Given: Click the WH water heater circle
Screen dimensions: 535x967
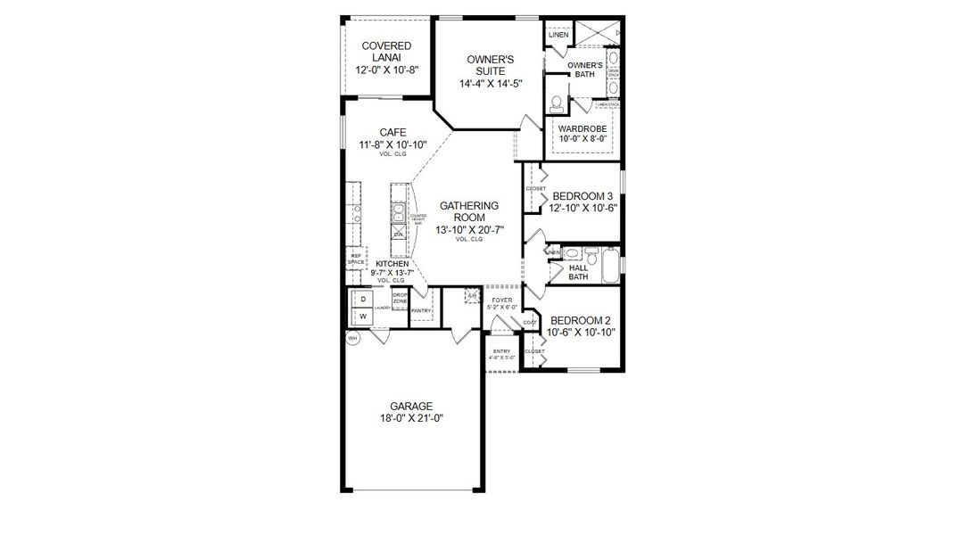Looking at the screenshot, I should pyautogui.click(x=352, y=338).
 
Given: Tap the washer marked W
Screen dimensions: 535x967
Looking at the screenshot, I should pyautogui.click(x=363, y=317).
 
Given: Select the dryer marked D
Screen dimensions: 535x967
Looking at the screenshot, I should pyautogui.click(x=363, y=299).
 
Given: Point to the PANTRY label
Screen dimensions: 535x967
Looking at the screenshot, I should pyautogui.click(x=421, y=310).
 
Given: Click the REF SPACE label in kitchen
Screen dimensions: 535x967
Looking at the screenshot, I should pyautogui.click(x=356, y=259).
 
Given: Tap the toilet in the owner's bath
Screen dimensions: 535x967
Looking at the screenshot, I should pyautogui.click(x=557, y=103).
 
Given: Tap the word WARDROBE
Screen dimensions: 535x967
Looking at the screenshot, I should pyautogui.click(x=583, y=128).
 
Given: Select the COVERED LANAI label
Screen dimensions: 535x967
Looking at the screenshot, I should pyautogui.click(x=386, y=52).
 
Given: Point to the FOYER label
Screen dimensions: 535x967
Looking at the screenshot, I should pyautogui.click(x=501, y=300).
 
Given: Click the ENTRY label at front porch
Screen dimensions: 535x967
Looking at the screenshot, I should pyautogui.click(x=501, y=351).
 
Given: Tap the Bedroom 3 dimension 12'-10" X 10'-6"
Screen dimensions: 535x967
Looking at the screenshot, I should pyautogui.click(x=584, y=209).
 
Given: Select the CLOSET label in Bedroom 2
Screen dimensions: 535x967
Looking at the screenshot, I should pyautogui.click(x=534, y=351).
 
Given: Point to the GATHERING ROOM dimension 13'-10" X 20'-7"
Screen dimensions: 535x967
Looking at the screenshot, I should pyautogui.click(x=468, y=230).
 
